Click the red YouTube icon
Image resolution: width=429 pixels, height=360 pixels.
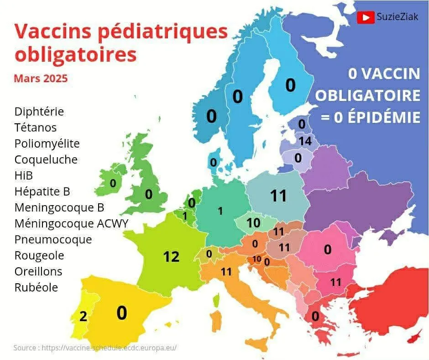[366, 17]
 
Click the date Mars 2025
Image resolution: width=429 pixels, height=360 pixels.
[41, 78]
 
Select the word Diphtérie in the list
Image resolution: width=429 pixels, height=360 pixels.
[39, 111]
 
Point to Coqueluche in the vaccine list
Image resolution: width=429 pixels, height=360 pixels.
[46, 159]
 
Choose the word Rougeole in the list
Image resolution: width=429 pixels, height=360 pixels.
[39, 255]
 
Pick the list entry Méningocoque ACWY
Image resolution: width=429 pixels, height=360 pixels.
[71, 223]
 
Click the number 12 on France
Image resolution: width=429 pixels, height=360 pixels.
[172, 257]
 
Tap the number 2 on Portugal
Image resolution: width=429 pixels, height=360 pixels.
[83, 316]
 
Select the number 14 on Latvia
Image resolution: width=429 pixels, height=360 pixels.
[305, 142]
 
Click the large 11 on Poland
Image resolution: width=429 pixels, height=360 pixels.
[278, 196]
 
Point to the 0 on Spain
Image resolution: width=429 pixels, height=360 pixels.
[121, 313]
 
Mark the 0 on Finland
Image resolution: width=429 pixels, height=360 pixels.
[290, 85]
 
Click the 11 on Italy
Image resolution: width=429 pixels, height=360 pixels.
[226, 272]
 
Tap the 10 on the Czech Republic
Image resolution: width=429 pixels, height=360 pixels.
[253, 223]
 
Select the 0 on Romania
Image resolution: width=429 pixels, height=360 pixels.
[328, 249]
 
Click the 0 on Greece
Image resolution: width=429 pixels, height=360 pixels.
[315, 316]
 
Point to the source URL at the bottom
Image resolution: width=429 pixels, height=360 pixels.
[109, 348]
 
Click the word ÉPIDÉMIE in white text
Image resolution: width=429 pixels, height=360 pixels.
[382, 117]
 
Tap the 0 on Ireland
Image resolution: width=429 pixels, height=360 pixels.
[113, 183]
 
